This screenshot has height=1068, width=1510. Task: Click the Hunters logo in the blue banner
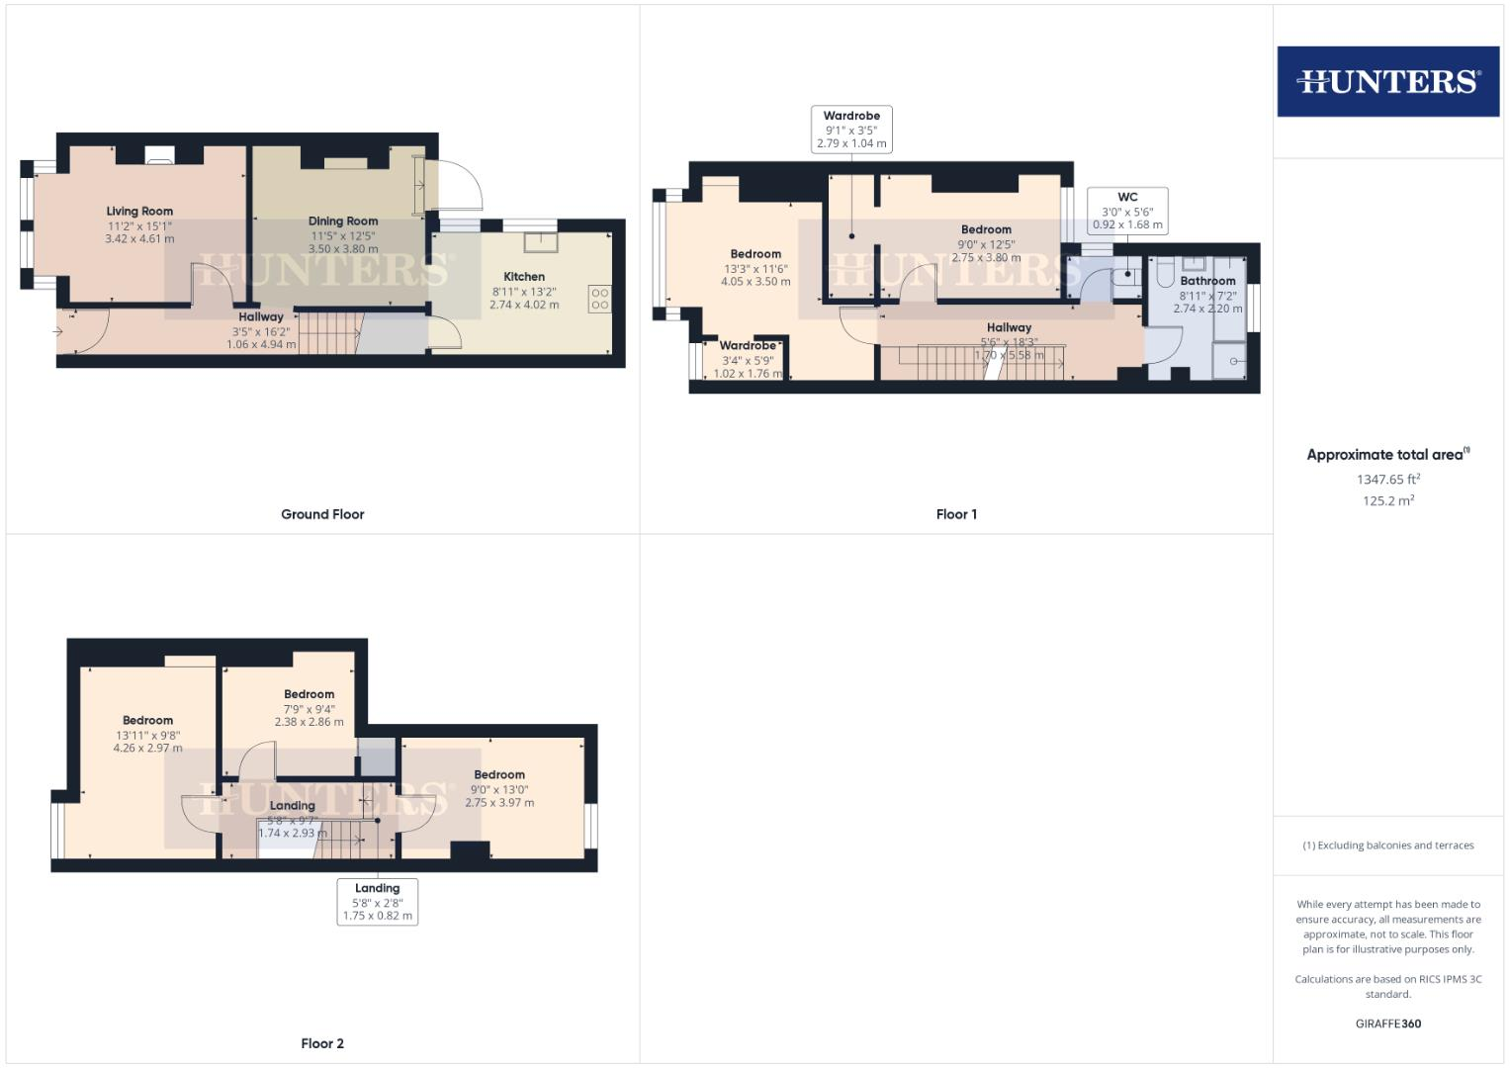(x=1387, y=81)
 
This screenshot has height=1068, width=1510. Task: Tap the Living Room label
(x=139, y=211)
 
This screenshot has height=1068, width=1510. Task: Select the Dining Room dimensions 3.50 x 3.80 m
(x=343, y=249)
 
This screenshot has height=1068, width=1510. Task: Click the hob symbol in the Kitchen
(x=599, y=299)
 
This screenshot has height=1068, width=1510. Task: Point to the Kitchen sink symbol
(x=541, y=240)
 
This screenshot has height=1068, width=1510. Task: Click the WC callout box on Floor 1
(x=1127, y=211)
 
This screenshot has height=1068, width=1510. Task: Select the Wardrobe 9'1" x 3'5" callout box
(x=851, y=130)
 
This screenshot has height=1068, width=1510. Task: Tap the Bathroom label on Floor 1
(x=1207, y=281)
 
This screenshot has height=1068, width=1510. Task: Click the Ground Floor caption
(x=322, y=514)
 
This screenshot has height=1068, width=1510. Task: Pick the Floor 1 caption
(x=956, y=514)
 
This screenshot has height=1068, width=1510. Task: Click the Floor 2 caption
(x=322, y=1043)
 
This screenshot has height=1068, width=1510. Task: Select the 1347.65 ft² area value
(x=1387, y=479)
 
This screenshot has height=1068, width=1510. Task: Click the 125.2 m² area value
(x=1387, y=500)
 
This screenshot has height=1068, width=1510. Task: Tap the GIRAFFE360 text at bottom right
(x=1387, y=1023)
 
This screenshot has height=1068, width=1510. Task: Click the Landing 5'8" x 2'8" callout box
(x=377, y=902)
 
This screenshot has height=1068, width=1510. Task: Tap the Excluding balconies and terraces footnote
(x=1387, y=845)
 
